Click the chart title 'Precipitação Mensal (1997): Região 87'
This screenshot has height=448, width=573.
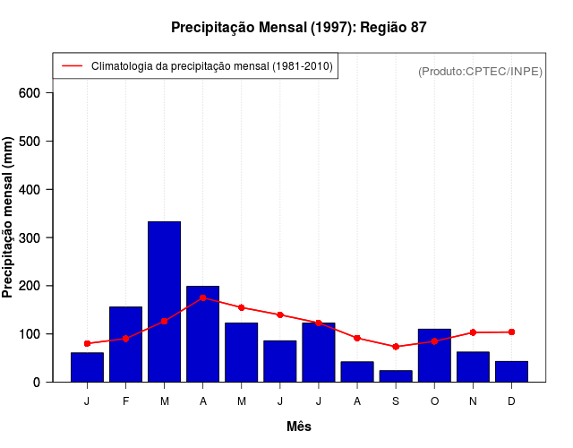298,28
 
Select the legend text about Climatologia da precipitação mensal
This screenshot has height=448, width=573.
212,66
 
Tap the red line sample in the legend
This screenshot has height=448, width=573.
72,66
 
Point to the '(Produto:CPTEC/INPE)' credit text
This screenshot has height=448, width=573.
480,71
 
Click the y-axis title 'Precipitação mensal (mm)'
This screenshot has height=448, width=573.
8,217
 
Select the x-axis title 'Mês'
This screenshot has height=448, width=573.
299,426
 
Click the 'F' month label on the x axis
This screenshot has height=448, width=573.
125,401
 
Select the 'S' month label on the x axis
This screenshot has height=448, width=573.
396,401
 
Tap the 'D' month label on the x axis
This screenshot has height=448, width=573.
511,401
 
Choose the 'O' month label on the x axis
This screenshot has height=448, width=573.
434,401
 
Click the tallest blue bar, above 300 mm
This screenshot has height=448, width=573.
164,301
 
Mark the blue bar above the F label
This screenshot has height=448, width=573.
125,344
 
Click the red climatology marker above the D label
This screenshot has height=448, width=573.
511,332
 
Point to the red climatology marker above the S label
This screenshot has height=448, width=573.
396,347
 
